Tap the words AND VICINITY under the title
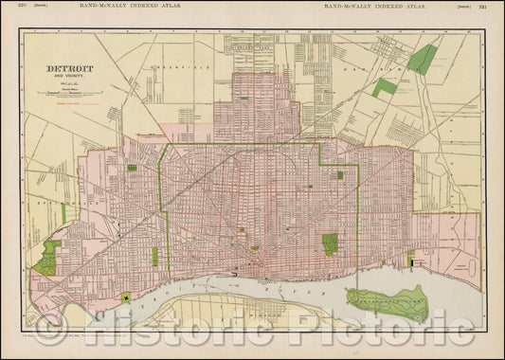(x=68, y=78)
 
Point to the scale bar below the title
(x=68, y=93)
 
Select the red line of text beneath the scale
(x=68, y=101)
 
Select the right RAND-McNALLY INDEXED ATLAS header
(x=375, y=7)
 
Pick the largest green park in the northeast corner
(x=423, y=59)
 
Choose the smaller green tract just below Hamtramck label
(x=384, y=87)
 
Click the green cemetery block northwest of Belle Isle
(x=330, y=244)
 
